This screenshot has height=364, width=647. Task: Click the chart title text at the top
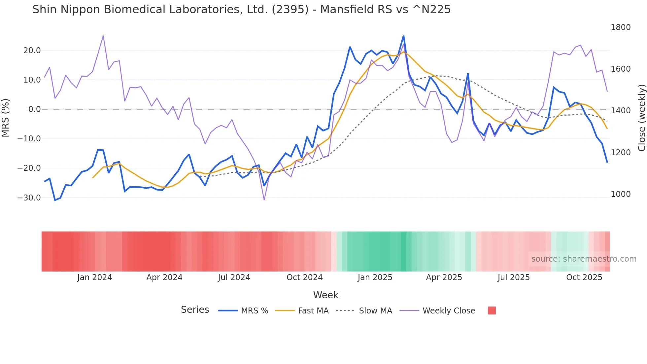241,10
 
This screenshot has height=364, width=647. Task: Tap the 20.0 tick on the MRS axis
32,51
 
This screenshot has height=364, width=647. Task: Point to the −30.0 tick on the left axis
29,198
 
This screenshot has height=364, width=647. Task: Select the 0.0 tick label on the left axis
35,109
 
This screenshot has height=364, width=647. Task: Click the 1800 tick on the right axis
620,27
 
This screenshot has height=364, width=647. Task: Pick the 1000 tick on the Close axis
620,194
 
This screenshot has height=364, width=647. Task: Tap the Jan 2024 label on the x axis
94,277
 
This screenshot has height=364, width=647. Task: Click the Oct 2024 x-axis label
304,277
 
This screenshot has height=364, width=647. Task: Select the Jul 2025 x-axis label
513,277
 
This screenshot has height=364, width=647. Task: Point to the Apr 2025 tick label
444,277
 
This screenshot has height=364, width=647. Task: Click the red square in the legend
492,310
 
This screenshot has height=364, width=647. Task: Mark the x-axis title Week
325,295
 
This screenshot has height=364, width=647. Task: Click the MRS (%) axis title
6,118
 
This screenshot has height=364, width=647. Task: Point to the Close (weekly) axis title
641,118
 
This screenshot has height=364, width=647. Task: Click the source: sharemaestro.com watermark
584,259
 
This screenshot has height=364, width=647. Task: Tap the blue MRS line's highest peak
403,36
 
